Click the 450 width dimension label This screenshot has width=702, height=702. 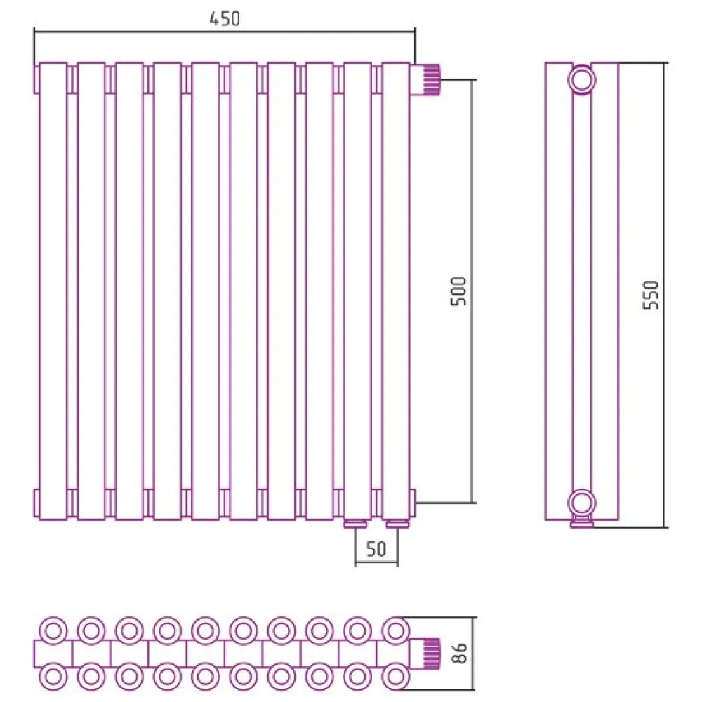225,18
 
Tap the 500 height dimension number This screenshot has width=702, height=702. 458,291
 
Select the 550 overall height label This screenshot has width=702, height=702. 651,295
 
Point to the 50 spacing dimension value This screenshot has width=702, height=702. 376,549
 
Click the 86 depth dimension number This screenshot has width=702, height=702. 460,653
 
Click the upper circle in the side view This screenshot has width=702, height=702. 581,80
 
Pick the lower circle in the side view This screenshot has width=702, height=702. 581,503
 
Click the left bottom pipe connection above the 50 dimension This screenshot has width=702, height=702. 355,524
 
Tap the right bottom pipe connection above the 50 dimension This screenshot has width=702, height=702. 397,524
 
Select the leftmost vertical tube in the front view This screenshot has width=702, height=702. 53,291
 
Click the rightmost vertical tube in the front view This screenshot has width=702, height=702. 396,291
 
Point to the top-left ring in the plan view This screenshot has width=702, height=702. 53,631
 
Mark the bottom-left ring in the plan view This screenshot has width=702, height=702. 53,676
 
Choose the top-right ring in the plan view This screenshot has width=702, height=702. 396,631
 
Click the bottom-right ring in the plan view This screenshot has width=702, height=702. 396,676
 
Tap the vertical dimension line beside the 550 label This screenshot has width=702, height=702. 665,295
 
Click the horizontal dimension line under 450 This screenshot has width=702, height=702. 225,32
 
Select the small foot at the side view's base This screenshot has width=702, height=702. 581,523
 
